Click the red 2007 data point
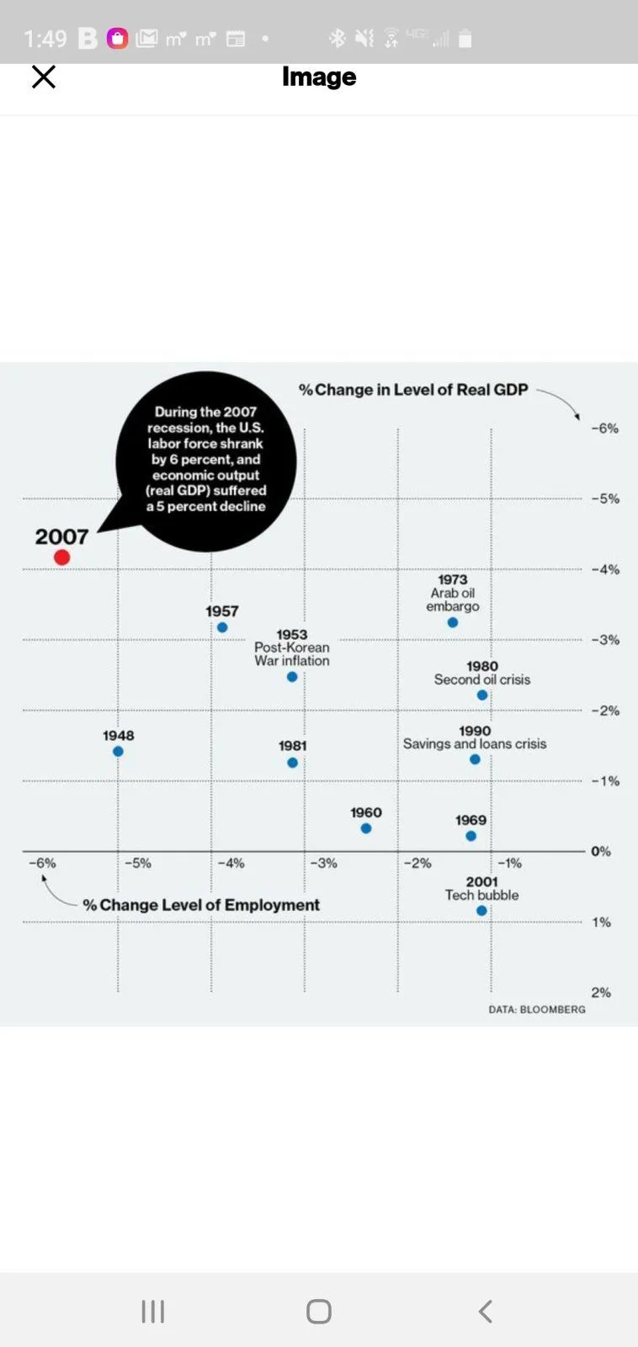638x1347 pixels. (x=61, y=557)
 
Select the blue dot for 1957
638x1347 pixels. (x=222, y=627)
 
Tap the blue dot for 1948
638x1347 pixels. (x=118, y=751)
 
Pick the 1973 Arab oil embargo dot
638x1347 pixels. (x=453, y=622)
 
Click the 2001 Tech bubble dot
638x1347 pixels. (x=481, y=910)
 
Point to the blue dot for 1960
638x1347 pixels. (x=366, y=828)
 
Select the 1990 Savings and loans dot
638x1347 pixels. (x=475, y=759)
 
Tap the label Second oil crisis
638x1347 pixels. (x=482, y=679)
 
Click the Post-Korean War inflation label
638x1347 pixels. (x=292, y=654)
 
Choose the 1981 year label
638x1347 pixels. (x=293, y=746)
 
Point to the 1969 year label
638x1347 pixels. (x=471, y=820)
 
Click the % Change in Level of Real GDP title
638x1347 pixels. (x=413, y=390)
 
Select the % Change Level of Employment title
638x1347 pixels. (x=201, y=905)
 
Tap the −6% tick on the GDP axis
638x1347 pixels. (x=604, y=428)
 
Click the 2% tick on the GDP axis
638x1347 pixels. (x=601, y=993)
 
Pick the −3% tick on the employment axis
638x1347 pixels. (x=323, y=863)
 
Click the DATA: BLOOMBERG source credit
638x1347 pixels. (x=537, y=1009)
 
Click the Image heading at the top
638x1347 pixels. (x=319, y=77)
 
